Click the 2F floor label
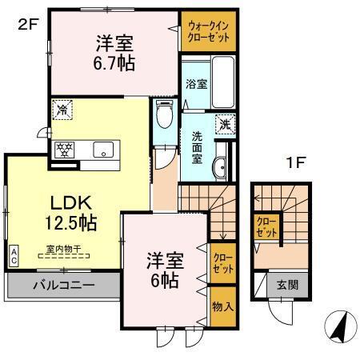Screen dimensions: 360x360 27,24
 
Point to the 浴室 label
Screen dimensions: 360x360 195,84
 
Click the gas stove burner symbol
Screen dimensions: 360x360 63,149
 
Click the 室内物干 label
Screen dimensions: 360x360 64,249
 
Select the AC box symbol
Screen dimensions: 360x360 14,255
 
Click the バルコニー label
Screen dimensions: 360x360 63,285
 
